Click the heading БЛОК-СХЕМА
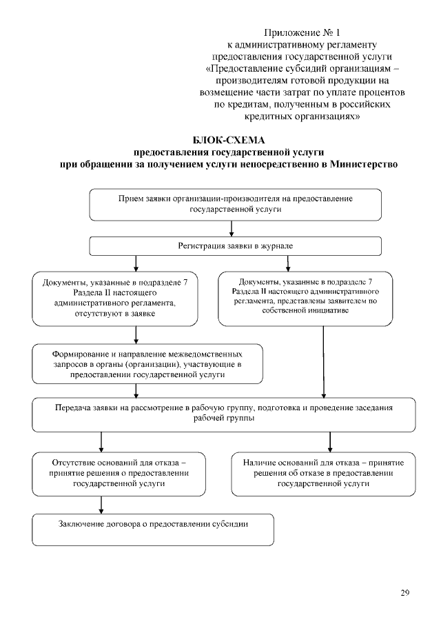point(229,140)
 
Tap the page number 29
point(405,592)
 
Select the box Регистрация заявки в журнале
point(236,246)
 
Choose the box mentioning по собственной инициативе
point(305,297)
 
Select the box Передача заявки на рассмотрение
point(224,413)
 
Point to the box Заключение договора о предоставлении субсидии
point(153,529)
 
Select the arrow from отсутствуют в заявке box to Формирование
point(136,334)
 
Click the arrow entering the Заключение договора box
point(101,505)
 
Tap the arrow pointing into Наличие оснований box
point(330,440)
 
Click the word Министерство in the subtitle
point(363,164)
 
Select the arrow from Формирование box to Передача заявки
point(136,390)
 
